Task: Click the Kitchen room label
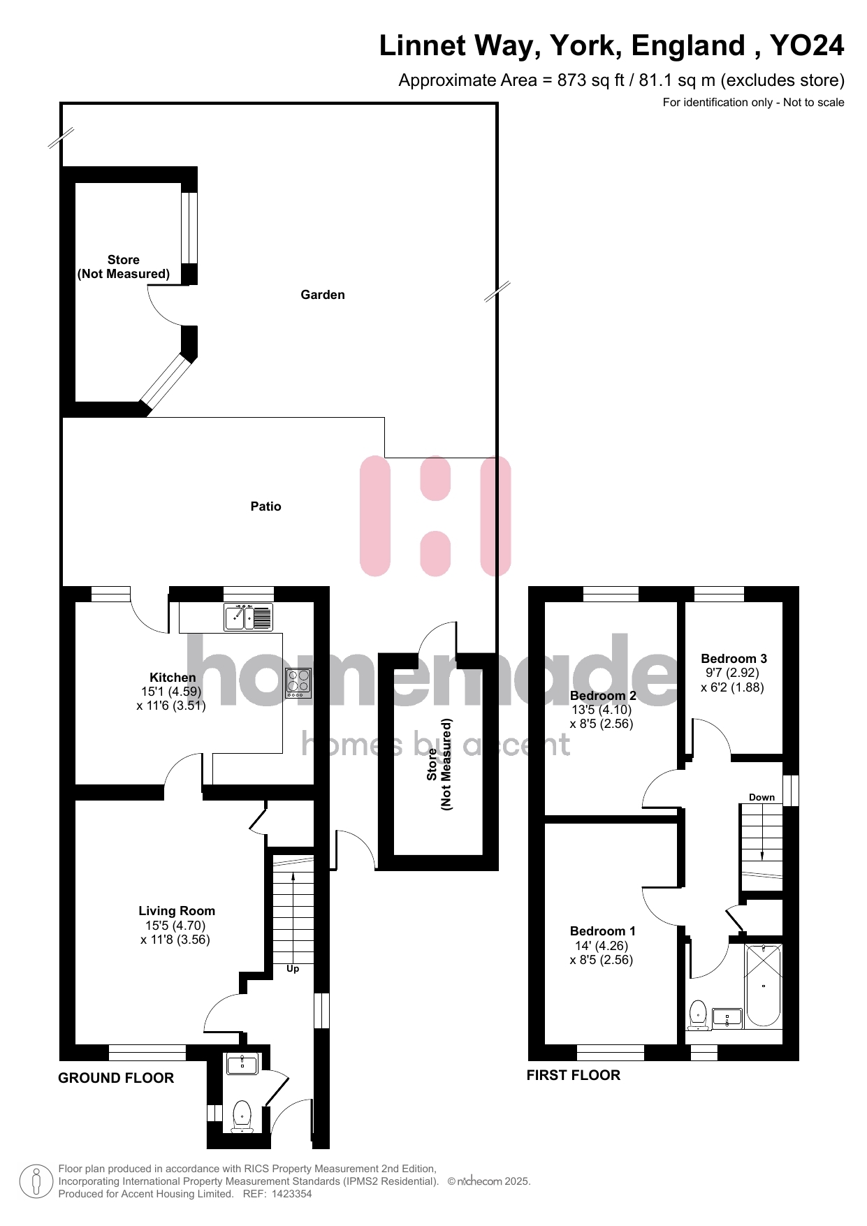tap(173, 678)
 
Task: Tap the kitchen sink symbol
tap(248, 618)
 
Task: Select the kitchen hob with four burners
tap(298, 683)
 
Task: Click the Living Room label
tap(177, 911)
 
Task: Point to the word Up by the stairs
tap(293, 969)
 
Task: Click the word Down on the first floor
tap(762, 797)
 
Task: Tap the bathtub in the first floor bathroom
tap(764, 986)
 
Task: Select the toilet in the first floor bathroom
tap(698, 1016)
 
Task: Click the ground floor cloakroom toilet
tap(242, 1116)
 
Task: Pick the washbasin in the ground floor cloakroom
tap(242, 1064)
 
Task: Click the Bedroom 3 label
tap(734, 659)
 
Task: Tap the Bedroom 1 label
tap(603, 931)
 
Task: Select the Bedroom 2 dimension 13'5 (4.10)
tap(602, 710)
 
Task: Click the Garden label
tap(323, 295)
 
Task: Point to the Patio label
tap(266, 506)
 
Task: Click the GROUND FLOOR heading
tap(116, 1078)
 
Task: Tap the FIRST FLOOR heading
tap(574, 1075)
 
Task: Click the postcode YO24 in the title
tap(807, 45)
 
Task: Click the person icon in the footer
tap(36, 1181)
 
